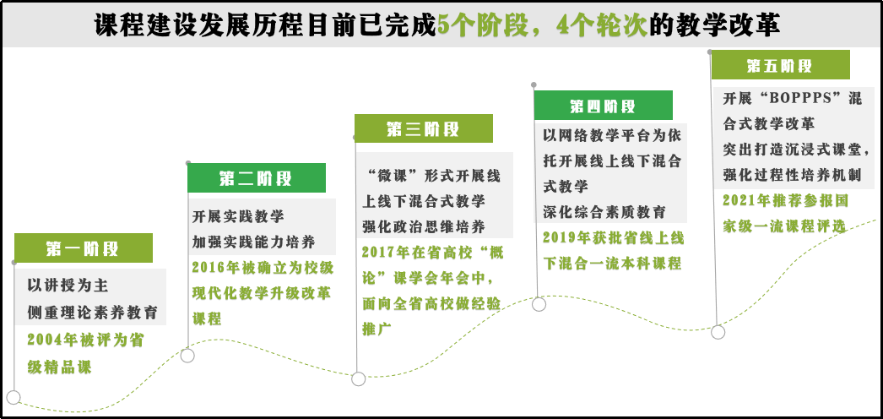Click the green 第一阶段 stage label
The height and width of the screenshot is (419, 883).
84,248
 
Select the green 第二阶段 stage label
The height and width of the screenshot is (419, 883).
257,178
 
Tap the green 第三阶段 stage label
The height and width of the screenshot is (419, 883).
424,128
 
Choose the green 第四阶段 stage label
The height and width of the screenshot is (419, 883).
603,106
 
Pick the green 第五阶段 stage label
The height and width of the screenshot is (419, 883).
781,65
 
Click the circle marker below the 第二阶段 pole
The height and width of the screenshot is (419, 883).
187,356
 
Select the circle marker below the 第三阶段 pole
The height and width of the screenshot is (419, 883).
358,379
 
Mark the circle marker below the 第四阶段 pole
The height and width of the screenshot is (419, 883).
539,304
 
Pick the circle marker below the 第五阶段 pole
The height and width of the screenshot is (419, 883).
718,332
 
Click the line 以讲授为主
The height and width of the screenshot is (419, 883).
68,286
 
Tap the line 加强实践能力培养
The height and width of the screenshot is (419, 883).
253,242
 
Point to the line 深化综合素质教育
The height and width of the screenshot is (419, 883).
604,212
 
